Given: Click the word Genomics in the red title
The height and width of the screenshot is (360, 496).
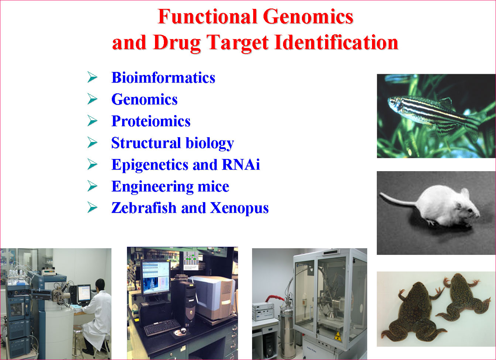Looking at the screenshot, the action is pyautogui.click(x=308, y=17).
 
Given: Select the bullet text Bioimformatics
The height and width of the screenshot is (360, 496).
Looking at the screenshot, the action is pyautogui.click(x=163, y=77).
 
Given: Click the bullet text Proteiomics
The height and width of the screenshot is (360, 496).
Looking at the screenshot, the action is pyautogui.click(x=151, y=121).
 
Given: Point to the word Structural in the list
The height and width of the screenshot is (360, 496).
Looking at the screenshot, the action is pyautogui.click(x=146, y=143).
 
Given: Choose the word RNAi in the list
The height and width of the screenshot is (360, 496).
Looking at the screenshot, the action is pyautogui.click(x=241, y=165).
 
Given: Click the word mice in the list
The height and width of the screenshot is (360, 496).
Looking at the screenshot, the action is pyautogui.click(x=213, y=186).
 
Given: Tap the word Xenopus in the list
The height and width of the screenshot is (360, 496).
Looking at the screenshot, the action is pyautogui.click(x=239, y=208).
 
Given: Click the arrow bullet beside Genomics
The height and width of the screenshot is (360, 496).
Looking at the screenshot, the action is pyautogui.click(x=92, y=99).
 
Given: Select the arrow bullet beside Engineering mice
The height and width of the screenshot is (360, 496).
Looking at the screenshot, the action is pyautogui.click(x=92, y=186).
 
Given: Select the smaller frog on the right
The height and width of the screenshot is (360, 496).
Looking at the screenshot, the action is pyautogui.click(x=463, y=297).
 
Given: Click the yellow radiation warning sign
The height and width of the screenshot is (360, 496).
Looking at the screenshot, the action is pyautogui.click(x=337, y=336).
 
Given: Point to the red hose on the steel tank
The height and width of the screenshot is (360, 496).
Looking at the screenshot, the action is pyautogui.click(x=275, y=298).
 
